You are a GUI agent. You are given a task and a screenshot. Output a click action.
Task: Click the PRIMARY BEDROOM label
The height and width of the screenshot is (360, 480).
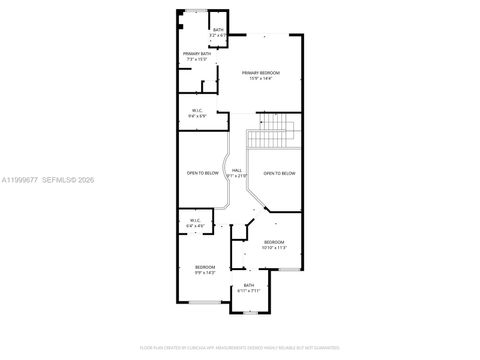pos(262,72)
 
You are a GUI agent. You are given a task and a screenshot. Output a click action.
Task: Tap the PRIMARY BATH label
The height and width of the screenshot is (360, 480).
pos(195,54)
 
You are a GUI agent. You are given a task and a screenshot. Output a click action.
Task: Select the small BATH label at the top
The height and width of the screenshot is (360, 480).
pos(218,29)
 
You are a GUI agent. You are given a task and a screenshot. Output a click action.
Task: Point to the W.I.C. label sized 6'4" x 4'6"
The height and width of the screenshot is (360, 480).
pos(193,220)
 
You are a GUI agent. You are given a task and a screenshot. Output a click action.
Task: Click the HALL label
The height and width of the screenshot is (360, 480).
pos(237,171)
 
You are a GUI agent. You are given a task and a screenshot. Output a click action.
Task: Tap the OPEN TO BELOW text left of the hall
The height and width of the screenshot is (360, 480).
pos(203,173)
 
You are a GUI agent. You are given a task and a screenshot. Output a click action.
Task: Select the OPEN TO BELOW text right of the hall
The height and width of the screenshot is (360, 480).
pos(279,173)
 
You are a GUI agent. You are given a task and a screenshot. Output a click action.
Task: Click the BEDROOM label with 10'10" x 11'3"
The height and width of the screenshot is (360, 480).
pos(274,243)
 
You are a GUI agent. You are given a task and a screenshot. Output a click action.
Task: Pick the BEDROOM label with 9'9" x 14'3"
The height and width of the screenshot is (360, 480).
pos(204,267)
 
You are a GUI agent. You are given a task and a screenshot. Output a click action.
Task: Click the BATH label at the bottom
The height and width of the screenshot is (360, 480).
pos(249,285)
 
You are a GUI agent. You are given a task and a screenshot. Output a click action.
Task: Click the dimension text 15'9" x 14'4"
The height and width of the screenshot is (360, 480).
pos(262,78)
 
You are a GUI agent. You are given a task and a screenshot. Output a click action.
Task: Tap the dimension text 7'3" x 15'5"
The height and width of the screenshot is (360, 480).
pos(195,60)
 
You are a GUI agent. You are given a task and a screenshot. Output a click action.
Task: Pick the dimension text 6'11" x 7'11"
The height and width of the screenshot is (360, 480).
pos(249,291)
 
